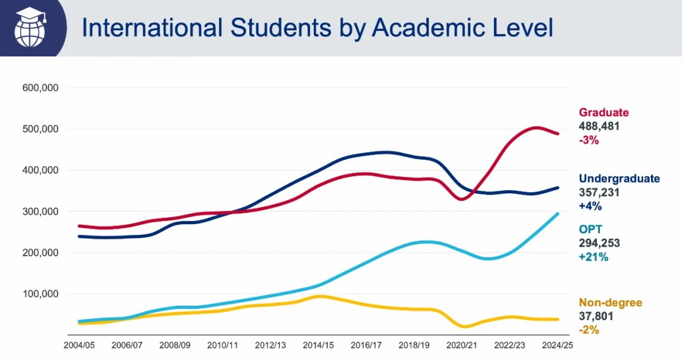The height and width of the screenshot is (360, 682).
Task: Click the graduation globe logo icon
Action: (x=32, y=27)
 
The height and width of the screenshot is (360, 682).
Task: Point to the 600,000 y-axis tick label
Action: (x=40, y=88)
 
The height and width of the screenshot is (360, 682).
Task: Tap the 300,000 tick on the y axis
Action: (x=40, y=212)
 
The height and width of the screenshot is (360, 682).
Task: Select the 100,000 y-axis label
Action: (x=40, y=294)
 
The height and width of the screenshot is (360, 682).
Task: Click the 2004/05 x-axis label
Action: (x=79, y=345)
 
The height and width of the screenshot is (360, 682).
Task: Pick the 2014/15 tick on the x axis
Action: (x=318, y=345)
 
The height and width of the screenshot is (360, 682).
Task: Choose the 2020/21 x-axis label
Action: (x=462, y=345)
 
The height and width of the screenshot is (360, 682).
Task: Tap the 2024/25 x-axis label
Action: (x=556, y=345)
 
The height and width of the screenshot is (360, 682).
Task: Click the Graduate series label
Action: (x=604, y=112)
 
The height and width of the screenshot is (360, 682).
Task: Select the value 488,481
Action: (x=599, y=126)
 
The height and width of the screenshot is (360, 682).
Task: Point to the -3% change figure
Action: (x=589, y=140)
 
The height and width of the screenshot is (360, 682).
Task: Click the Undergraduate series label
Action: (x=619, y=178)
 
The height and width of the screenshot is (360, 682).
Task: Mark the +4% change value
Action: (x=590, y=206)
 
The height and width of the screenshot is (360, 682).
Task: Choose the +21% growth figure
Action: (x=593, y=257)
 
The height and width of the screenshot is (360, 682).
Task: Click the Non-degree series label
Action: (x=610, y=303)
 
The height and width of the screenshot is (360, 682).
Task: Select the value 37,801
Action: (x=596, y=316)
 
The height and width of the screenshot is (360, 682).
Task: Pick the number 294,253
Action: (x=599, y=243)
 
